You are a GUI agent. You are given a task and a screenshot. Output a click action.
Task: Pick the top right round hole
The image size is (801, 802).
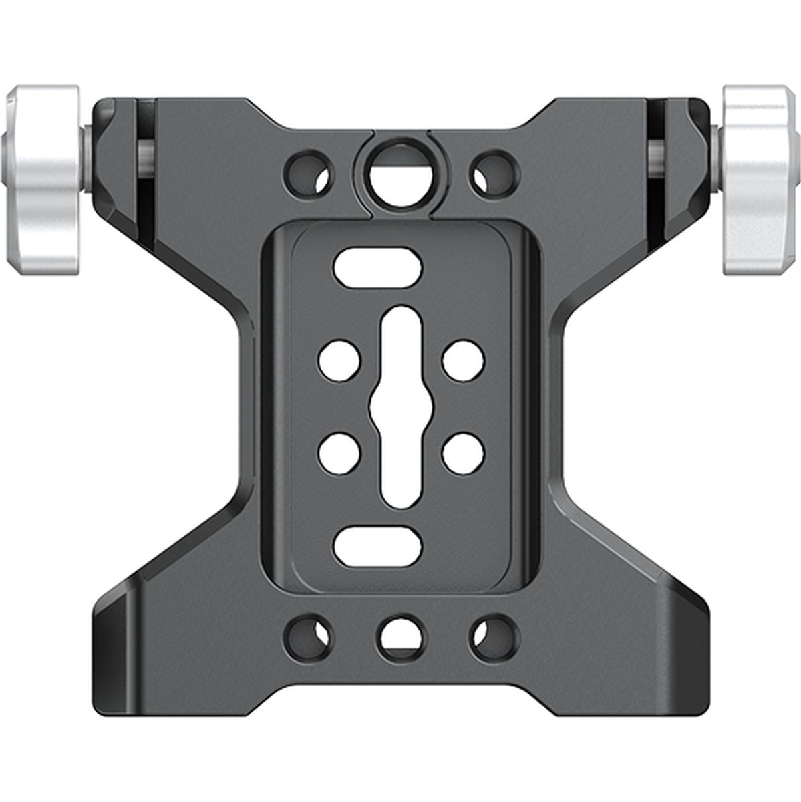tap(494, 171)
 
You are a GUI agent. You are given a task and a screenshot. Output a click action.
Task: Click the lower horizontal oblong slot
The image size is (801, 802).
tap(378, 545)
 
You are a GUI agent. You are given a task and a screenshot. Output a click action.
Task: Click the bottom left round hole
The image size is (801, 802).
tap(309, 636)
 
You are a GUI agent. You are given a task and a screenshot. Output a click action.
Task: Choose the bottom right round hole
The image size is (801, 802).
tap(494, 636)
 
